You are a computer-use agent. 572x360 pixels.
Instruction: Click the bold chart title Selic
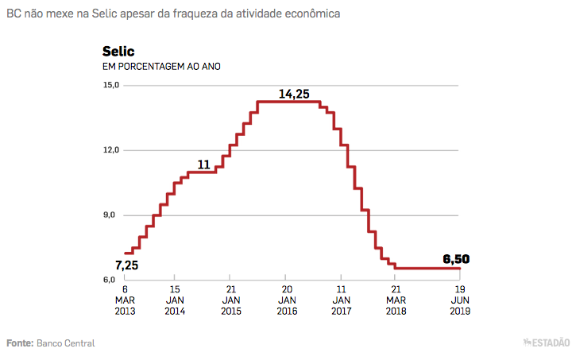tap(118, 52)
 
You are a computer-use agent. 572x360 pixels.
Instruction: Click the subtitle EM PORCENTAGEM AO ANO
tap(161, 66)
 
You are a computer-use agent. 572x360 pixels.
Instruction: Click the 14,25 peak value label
tap(294, 94)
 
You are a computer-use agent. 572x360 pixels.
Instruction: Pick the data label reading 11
tap(203, 165)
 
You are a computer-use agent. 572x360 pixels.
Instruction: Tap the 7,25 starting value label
tap(128, 265)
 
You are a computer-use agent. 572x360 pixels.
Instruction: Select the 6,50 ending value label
tap(457, 258)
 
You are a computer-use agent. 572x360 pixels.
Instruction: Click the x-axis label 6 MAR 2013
tap(125, 300)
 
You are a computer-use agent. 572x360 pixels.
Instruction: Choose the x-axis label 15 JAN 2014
tap(176, 300)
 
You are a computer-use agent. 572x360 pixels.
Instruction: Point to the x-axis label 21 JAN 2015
tap(231, 300)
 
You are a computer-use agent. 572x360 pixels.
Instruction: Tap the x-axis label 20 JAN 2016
tap(288, 300)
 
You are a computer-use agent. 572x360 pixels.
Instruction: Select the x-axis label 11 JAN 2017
tap(342, 300)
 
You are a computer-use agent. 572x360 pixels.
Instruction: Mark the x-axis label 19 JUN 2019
tap(459, 300)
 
